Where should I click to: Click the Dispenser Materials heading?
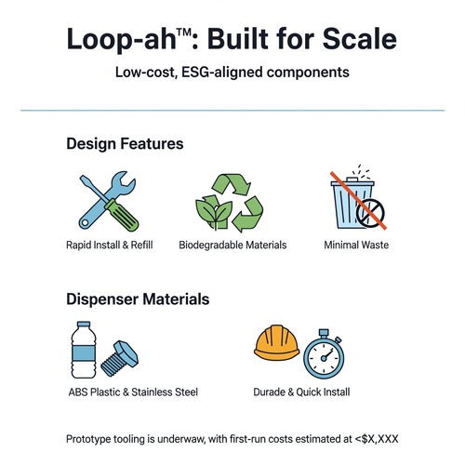tap(138, 300)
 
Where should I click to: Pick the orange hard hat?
tap(278, 347)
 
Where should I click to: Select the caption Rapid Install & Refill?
tap(109, 246)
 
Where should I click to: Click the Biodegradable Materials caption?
tap(232, 246)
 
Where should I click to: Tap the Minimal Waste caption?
tap(357, 246)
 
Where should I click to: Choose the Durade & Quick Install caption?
tap(301, 392)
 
